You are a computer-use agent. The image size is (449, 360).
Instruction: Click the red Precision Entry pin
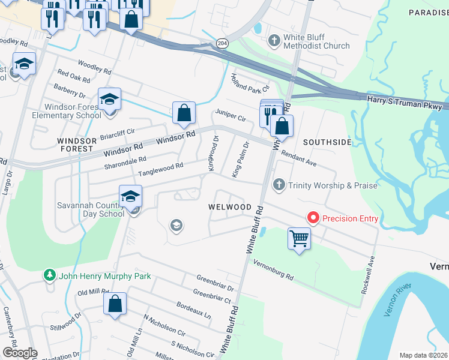pos(312,218)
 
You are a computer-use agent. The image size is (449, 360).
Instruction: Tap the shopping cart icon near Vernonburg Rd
pos(298,239)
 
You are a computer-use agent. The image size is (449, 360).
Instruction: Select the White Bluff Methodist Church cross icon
pos(274,41)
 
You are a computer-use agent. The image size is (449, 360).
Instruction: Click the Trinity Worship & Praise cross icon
pos(279,185)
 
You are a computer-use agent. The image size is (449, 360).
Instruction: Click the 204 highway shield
pos(221,44)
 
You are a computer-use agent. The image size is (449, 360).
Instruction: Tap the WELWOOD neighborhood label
pos(229,206)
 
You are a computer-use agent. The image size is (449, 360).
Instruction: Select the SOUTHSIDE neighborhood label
pos(327,142)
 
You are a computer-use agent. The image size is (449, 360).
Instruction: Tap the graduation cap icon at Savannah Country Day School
pos(130,196)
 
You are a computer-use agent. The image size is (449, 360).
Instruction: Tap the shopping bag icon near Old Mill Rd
pos(115,304)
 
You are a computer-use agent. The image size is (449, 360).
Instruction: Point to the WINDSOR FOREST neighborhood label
pos(77,144)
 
